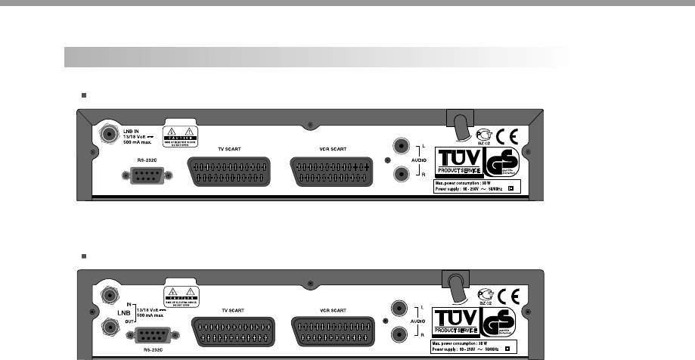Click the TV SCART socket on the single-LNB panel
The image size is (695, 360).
coord(227,172)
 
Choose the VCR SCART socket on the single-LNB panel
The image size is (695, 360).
coord(333,172)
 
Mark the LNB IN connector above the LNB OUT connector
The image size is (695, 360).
coord(110,295)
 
